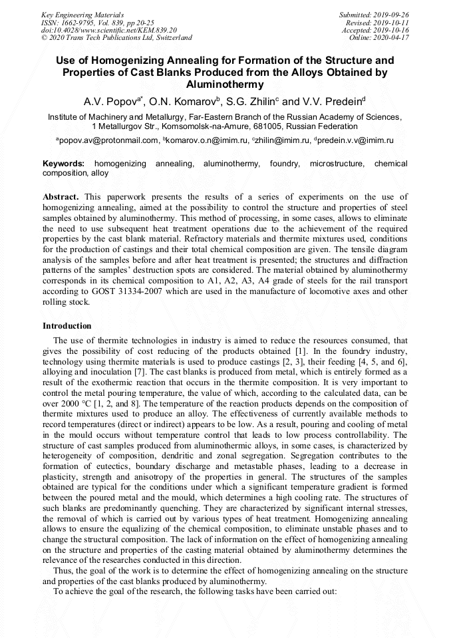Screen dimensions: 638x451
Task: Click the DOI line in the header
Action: [x=109, y=30]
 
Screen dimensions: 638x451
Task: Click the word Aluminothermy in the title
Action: [x=225, y=84]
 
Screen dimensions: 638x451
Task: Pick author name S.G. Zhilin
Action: [x=253, y=102]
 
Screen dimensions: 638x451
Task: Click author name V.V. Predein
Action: [x=331, y=102]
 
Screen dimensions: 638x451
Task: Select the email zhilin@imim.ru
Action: [x=275, y=140]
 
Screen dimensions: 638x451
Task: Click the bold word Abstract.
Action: [x=61, y=198]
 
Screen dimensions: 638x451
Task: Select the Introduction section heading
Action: [x=67, y=326]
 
